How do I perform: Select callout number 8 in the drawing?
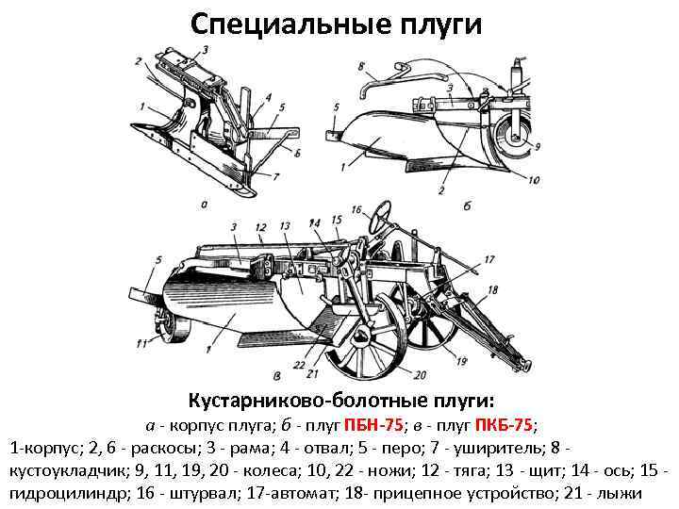point(362,66)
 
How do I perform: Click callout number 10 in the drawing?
point(534,180)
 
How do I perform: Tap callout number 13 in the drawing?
point(285,227)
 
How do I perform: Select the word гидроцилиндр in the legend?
point(58,493)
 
